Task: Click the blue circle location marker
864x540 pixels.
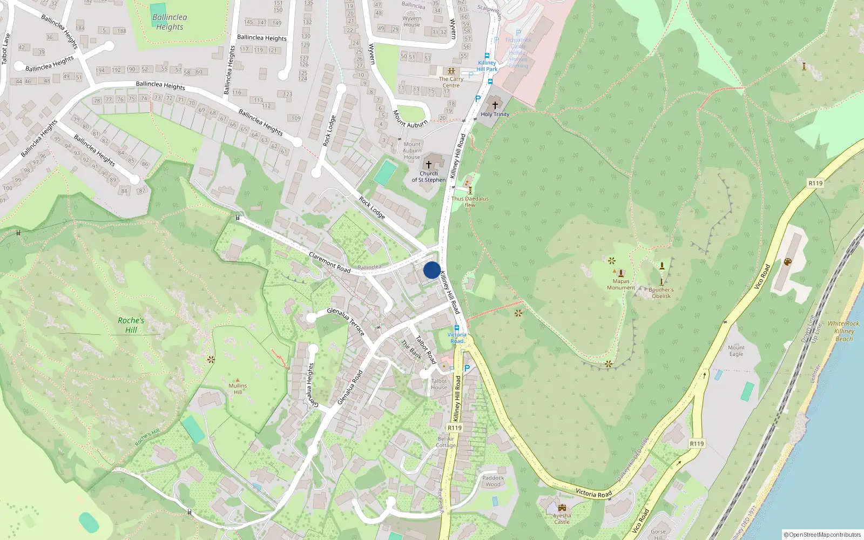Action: [x=431, y=270]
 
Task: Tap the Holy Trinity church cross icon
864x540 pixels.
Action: [x=495, y=105]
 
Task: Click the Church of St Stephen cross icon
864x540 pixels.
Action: [x=429, y=165]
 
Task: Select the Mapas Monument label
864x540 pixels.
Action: [x=621, y=284]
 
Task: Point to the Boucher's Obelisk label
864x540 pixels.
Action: [x=661, y=293]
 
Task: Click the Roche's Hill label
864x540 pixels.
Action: [x=131, y=325]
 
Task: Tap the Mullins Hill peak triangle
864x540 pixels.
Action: [x=238, y=380]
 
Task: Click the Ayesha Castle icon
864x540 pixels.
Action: [x=562, y=508]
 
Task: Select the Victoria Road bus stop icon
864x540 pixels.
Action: [x=457, y=328]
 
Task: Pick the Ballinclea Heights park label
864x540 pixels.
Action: [x=170, y=22]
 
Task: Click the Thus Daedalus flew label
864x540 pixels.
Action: [x=470, y=201]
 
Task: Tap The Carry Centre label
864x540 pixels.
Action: [x=451, y=82]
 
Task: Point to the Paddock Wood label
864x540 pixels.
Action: [x=492, y=481]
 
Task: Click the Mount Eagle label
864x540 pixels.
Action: [x=736, y=350]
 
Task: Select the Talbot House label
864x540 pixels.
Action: [x=439, y=384]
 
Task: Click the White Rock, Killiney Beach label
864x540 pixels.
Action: [x=843, y=331]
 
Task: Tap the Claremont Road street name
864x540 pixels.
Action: [x=329, y=262]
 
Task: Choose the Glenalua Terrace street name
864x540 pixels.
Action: [x=346, y=321]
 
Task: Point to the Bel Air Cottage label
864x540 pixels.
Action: [x=447, y=442]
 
